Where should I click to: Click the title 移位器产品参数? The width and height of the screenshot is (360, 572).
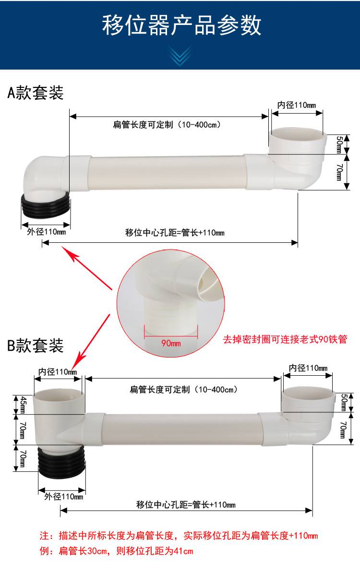click(x=181, y=25)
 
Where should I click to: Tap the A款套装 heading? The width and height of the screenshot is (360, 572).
click(x=36, y=93)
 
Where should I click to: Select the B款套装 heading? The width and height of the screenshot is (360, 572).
click(x=36, y=346)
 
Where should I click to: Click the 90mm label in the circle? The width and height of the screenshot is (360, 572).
click(x=171, y=343)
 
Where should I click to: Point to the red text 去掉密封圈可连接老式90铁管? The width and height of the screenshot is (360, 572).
click(x=285, y=339)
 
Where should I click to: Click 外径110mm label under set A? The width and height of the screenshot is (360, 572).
click(x=47, y=232)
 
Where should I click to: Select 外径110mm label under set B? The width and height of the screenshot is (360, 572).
click(x=64, y=497)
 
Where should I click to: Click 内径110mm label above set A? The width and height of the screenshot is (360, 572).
click(x=297, y=105)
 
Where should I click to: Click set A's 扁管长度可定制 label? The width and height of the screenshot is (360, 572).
click(x=167, y=125)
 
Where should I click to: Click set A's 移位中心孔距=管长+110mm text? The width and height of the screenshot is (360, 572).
click(x=175, y=233)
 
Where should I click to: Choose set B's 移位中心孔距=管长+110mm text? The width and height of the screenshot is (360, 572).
click(x=186, y=505)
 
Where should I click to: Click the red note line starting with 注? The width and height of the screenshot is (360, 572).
click(x=179, y=536)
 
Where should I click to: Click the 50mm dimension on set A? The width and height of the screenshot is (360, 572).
click(x=339, y=144)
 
